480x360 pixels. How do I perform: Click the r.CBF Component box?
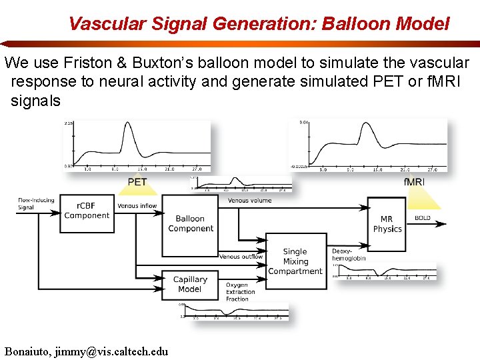tap(87, 211)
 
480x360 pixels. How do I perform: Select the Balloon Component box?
tap(190, 224)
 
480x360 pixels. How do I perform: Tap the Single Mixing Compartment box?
tap(295, 261)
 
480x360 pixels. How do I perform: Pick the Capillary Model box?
tap(190, 284)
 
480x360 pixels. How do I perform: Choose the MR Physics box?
tap(387, 224)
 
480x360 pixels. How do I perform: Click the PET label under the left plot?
tap(137, 182)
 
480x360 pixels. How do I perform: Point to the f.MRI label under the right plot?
tap(414, 182)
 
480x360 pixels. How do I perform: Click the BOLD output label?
tap(423, 218)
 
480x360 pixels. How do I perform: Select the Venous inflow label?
tap(137, 206)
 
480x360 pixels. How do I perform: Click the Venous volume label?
tap(249, 200)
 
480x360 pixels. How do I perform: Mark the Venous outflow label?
tap(241, 257)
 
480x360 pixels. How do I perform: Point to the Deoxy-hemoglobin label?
tap(349, 255)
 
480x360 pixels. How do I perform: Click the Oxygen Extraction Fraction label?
tap(240, 292)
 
